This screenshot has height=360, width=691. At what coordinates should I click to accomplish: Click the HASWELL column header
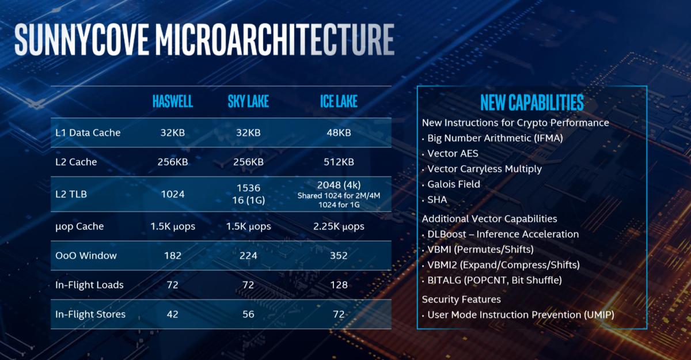coord(172,102)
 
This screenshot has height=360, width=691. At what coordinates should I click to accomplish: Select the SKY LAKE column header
coord(248,102)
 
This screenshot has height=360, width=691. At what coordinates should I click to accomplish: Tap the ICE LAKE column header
coord(339,102)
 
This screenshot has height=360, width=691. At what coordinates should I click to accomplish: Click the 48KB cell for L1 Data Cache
coord(339,132)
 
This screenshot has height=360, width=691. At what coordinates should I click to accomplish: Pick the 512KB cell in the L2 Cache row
coord(339,162)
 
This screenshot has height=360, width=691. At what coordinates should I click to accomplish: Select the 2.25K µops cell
coord(339,226)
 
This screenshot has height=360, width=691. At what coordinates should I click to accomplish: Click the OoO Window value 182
coord(172,256)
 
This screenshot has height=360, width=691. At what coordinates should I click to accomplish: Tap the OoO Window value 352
coord(339,256)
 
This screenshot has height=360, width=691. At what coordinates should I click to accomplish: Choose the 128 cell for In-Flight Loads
coord(339,285)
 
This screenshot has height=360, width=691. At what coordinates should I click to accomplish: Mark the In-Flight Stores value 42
coord(172,314)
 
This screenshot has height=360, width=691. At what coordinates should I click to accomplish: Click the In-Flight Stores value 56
coord(248,314)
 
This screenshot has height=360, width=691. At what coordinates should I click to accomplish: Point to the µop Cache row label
coord(79,226)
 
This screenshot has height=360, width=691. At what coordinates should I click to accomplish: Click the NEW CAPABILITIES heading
coord(531,103)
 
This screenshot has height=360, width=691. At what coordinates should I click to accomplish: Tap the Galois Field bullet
coord(454,184)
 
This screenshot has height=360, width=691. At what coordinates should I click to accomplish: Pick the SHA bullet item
coord(437,200)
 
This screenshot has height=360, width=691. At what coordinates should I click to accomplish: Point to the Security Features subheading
coord(461,300)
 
